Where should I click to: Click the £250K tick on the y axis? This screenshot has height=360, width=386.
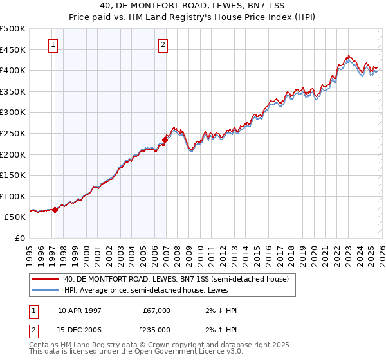[13, 133]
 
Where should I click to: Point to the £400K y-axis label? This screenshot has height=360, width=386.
[13, 70]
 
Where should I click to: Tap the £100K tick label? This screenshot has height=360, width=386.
[13, 196]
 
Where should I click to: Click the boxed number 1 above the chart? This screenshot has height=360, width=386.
[52, 45]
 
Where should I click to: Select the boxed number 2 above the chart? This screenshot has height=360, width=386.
[163, 45]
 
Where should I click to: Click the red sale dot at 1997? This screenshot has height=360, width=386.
[55, 209]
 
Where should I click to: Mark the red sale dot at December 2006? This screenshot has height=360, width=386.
[165, 139]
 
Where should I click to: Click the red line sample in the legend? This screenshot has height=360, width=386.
[45, 279]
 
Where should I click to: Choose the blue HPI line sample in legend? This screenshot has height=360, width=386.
[45, 290]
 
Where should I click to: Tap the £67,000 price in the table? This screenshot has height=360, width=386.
[156, 310]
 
